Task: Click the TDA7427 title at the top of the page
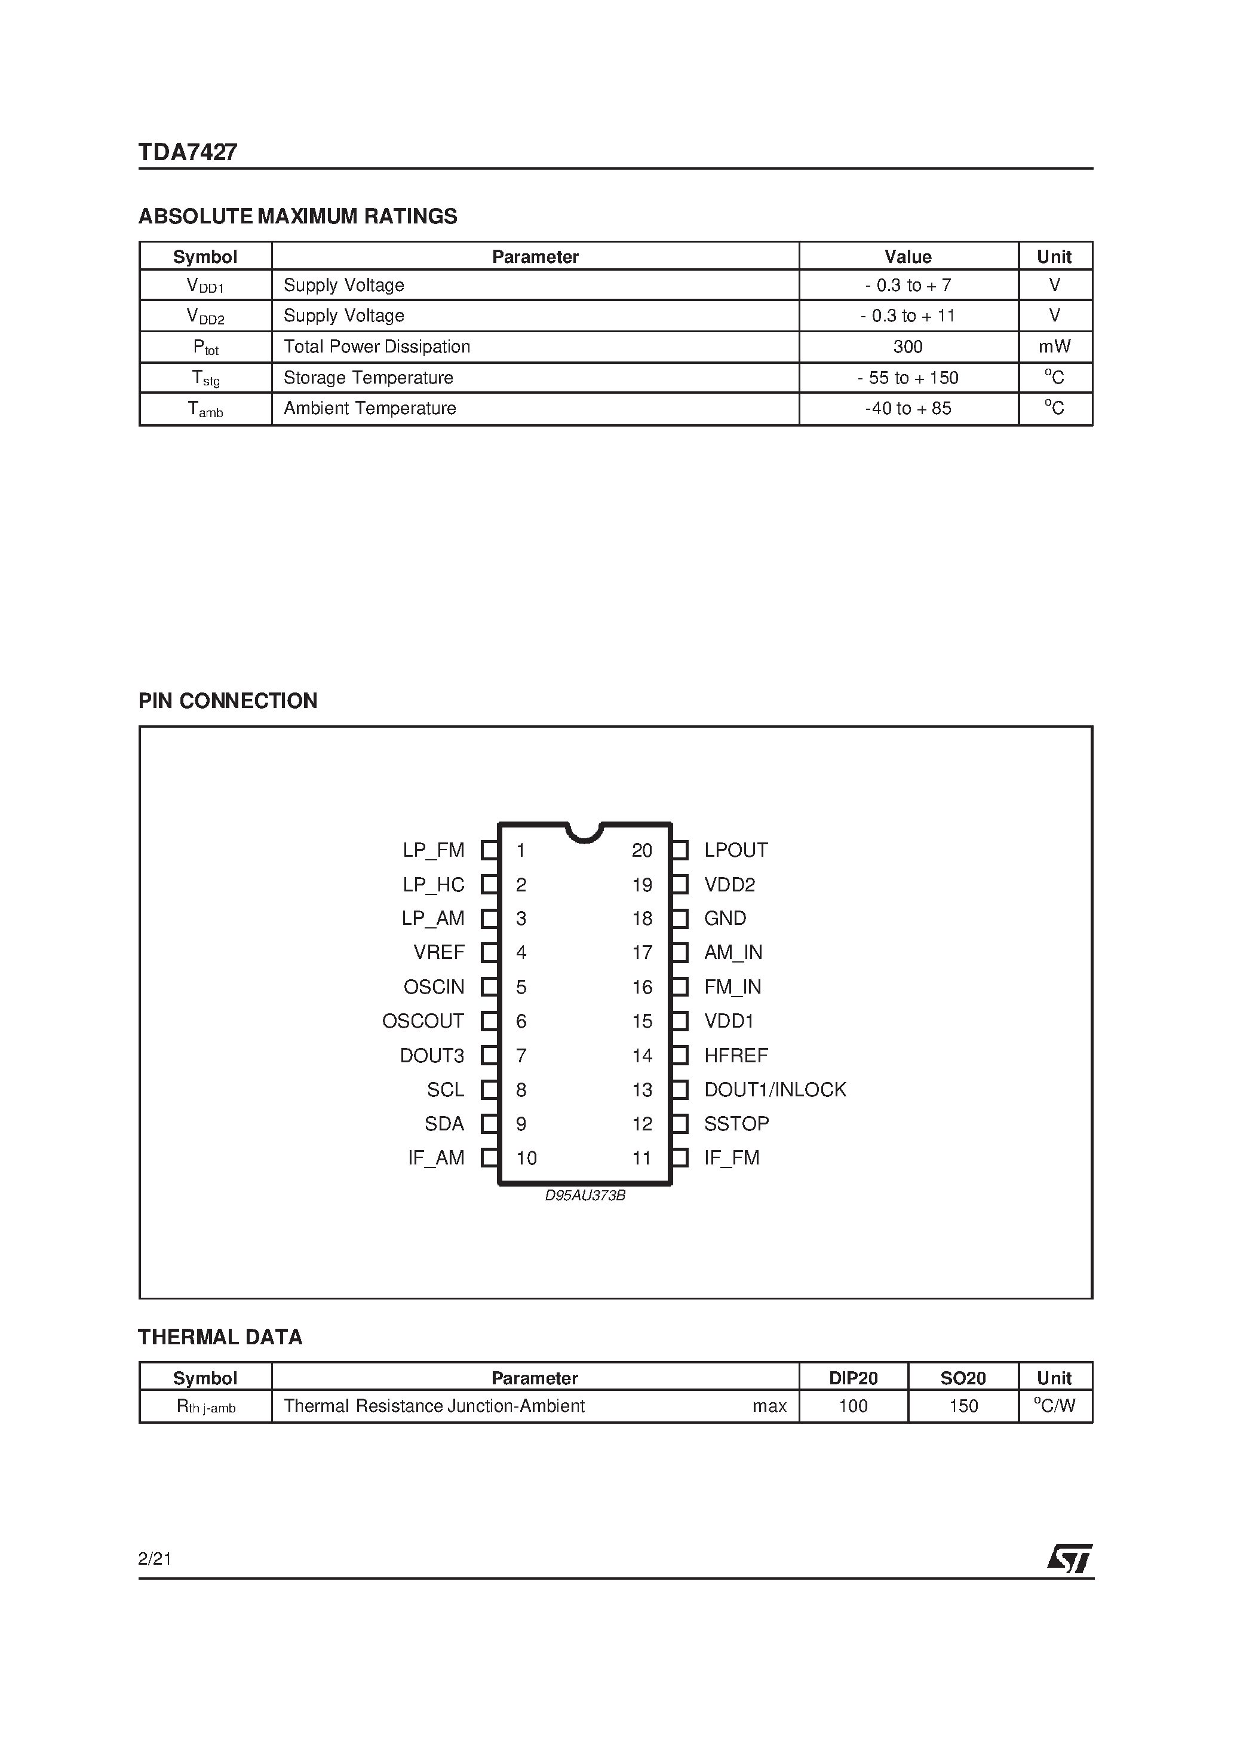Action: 188,152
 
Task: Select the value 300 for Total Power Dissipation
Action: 908,347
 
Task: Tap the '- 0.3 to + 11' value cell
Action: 908,316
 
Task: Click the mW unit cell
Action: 1054,347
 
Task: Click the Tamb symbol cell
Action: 205,409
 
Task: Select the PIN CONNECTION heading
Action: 228,701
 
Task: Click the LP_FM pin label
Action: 434,850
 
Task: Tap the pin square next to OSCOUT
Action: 490,1021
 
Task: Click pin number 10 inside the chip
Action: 526,1158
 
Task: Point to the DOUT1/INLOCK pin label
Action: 775,1090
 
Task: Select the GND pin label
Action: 725,918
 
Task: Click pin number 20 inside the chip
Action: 642,850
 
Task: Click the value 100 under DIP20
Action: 853,1406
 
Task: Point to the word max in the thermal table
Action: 769,1406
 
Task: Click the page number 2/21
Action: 155,1559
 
